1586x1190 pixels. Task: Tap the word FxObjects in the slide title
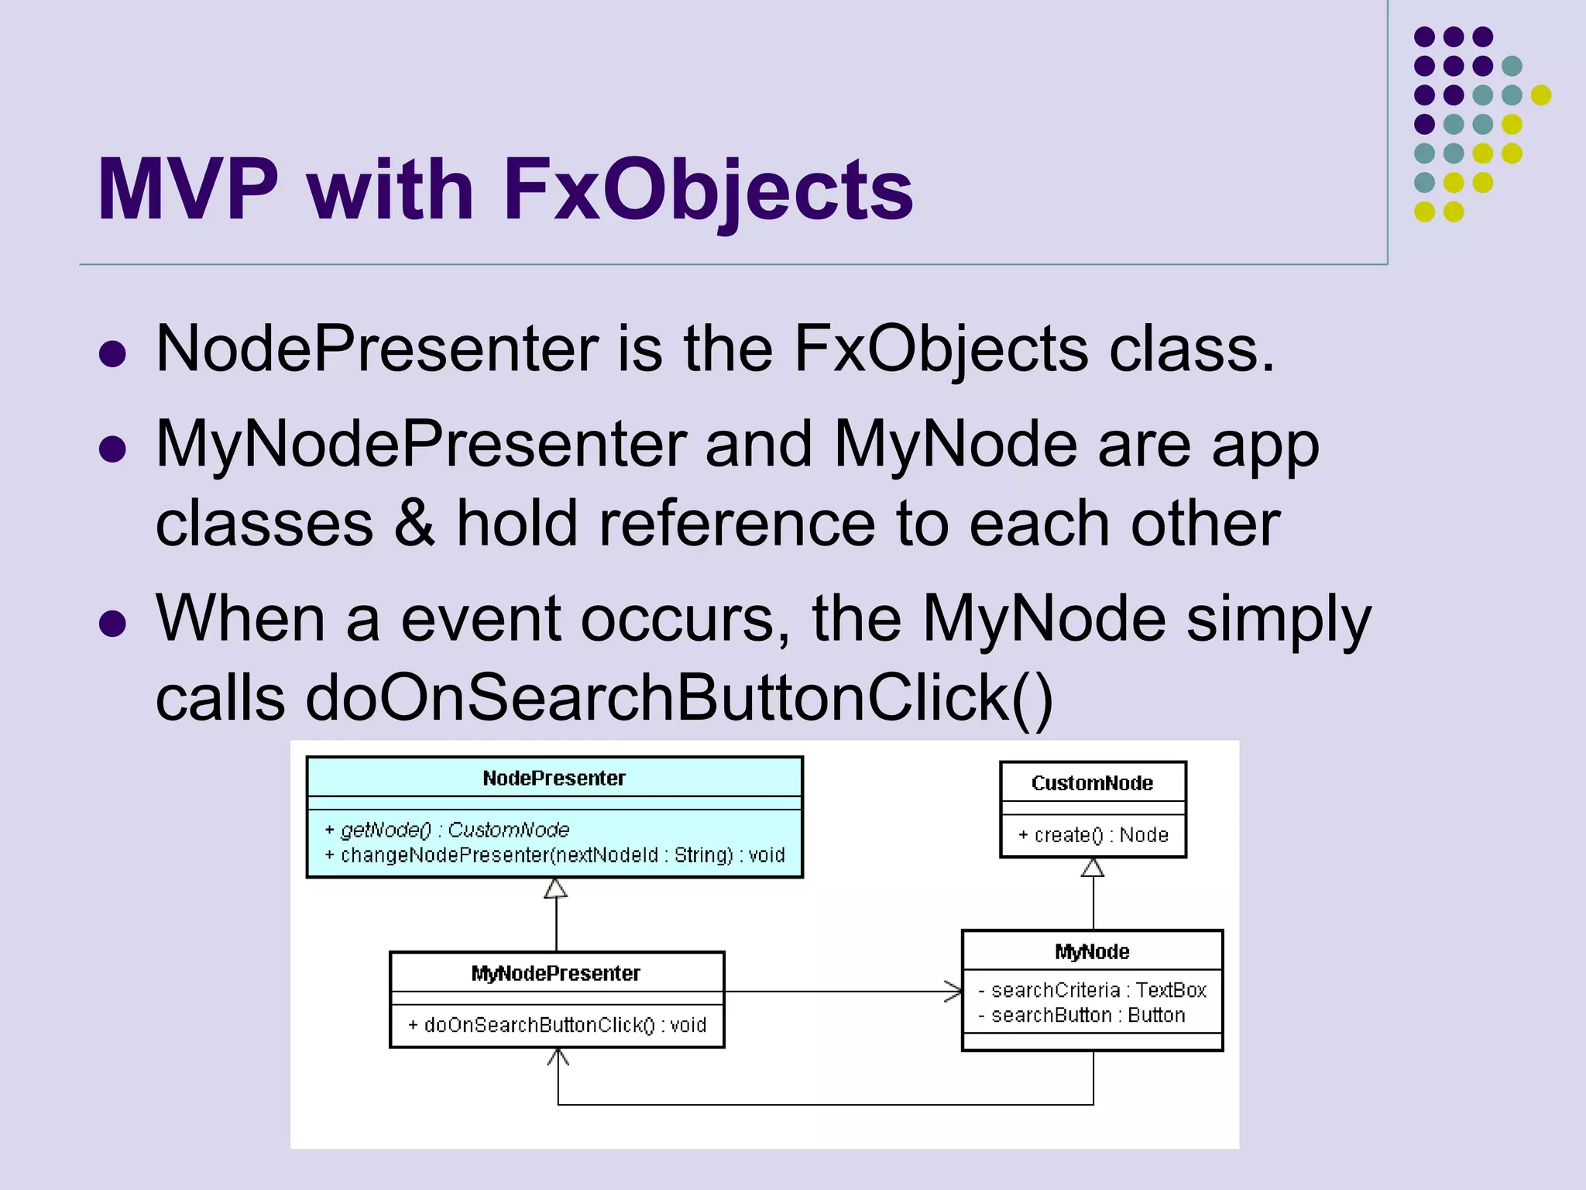coord(708,190)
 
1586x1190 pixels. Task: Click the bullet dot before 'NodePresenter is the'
coord(113,354)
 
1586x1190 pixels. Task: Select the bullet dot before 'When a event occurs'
coord(113,623)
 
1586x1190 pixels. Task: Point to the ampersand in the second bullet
coord(415,524)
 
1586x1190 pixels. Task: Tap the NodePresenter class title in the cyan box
coord(554,778)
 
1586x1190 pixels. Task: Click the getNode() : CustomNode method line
coord(448,830)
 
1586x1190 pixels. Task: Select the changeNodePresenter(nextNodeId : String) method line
coord(554,855)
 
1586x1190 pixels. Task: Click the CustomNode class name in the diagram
coord(1092,782)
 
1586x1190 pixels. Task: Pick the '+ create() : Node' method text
coord(1093,834)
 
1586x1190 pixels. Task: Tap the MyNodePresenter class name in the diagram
coord(555,973)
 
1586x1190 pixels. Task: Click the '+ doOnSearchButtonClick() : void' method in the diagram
coord(557,1025)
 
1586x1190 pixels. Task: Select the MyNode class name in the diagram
coord(1092,951)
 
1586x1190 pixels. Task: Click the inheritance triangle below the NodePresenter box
coord(555,889)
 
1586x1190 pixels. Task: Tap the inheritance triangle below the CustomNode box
coord(1093,868)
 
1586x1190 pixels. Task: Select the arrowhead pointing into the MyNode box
coord(953,991)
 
